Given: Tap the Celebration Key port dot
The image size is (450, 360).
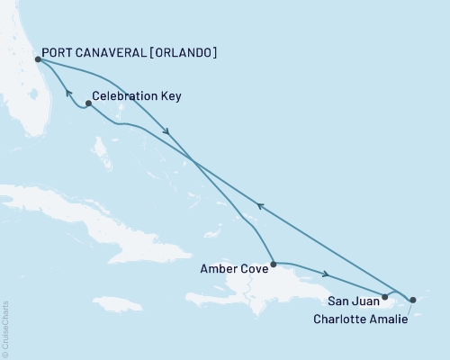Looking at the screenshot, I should pyautogui.click(x=87, y=103).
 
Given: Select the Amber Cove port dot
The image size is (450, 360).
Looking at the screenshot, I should pyautogui.click(x=272, y=263).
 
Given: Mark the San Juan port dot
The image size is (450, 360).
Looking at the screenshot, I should pyautogui.click(x=384, y=295).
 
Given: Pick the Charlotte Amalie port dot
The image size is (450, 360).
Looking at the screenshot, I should pyautogui.click(x=412, y=299).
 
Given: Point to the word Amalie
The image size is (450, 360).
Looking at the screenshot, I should pyautogui.click(x=387, y=319).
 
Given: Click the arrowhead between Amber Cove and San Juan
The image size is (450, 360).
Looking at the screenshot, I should pyautogui.click(x=327, y=274).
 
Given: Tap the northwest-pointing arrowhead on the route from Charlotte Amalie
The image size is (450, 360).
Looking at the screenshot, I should pyautogui.click(x=261, y=206).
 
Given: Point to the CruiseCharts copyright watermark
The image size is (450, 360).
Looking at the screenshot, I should pyautogui.click(x=5, y=329).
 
